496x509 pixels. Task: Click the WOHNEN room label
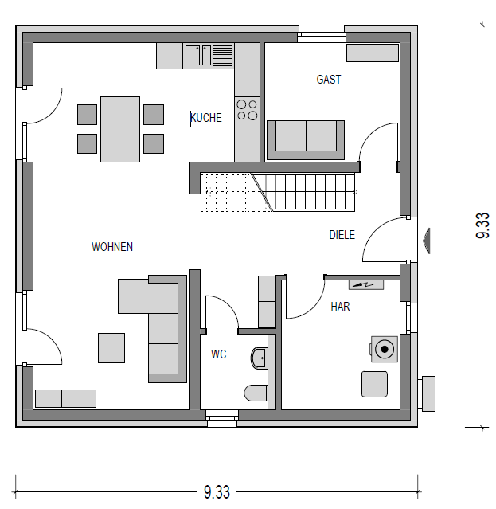tap(112, 247)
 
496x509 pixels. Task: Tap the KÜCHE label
tap(206, 118)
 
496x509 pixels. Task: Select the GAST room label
tap(329, 80)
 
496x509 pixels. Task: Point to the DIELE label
tap(342, 235)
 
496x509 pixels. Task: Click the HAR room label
tap(340, 307)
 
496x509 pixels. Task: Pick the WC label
tap(218, 354)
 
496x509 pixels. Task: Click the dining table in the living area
tap(120, 129)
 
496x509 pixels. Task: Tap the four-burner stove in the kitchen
tap(247, 110)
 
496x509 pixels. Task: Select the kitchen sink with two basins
tap(198, 56)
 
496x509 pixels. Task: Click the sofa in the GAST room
tap(306, 140)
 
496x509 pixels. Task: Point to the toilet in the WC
tap(256, 393)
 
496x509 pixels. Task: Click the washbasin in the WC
tap(259, 358)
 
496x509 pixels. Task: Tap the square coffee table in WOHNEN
tap(111, 347)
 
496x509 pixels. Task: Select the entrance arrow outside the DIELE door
tap(426, 241)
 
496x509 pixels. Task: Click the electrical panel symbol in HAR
tap(366, 284)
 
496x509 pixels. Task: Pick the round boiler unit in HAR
tap(385, 349)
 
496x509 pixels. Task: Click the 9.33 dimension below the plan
tap(217, 491)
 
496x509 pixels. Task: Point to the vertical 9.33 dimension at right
tap(482, 225)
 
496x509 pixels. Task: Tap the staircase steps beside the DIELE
tap(305, 193)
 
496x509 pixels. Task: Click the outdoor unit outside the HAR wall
tap(427, 393)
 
